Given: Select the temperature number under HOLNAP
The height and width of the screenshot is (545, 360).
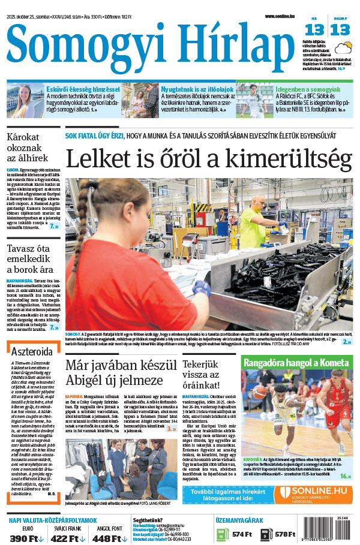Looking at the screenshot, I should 340,29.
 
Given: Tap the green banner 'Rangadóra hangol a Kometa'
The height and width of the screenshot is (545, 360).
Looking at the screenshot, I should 296,362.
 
